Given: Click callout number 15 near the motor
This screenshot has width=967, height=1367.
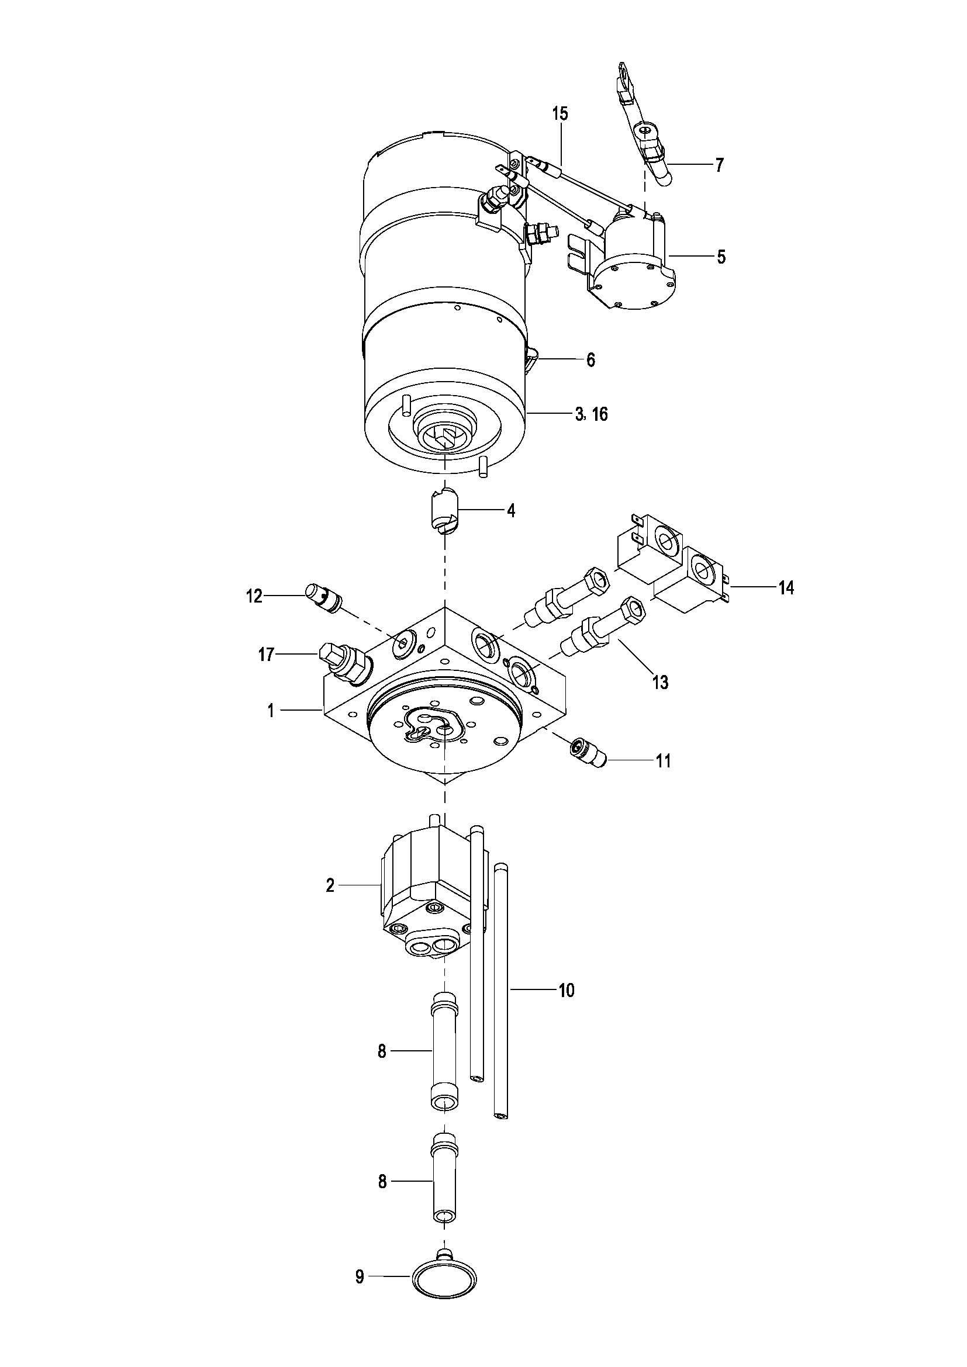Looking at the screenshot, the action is tap(560, 114).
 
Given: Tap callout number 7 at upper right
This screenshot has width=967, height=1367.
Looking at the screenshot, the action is tap(720, 165).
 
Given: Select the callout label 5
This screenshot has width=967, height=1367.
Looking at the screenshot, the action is tap(721, 257).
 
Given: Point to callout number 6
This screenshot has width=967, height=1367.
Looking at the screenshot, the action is tap(590, 359).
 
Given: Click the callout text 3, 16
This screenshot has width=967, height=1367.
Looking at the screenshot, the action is tap(591, 414).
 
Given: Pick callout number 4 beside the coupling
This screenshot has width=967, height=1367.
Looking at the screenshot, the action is tap(510, 511).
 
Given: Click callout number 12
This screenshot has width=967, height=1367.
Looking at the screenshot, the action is tap(254, 596).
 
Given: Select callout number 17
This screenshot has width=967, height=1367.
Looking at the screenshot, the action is tap(266, 656).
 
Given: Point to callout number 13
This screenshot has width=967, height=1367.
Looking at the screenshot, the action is tap(660, 681).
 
